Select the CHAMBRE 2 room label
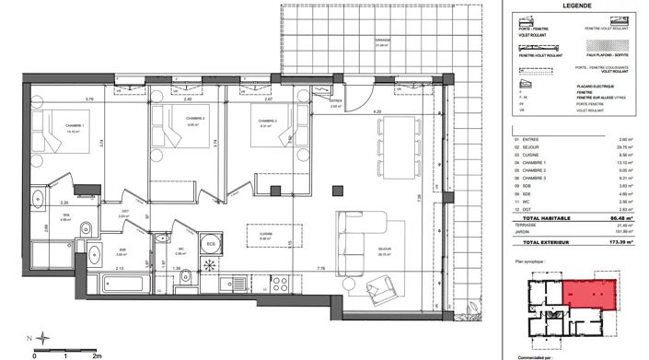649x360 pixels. coord(193,119)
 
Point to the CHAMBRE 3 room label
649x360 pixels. coord(268,121)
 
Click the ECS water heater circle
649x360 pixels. coord(212,244)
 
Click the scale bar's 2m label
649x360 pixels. coord(95,353)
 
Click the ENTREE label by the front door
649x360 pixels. coord(336,101)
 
